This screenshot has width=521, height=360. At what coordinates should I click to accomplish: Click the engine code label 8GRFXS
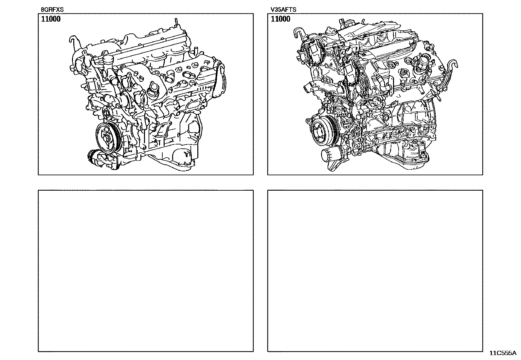coord(52,9)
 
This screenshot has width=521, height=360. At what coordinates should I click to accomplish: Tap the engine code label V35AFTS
coord(283,9)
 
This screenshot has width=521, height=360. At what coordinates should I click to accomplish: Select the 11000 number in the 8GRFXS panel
coord(51,19)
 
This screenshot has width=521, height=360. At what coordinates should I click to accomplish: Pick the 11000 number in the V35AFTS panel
coord(280,19)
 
